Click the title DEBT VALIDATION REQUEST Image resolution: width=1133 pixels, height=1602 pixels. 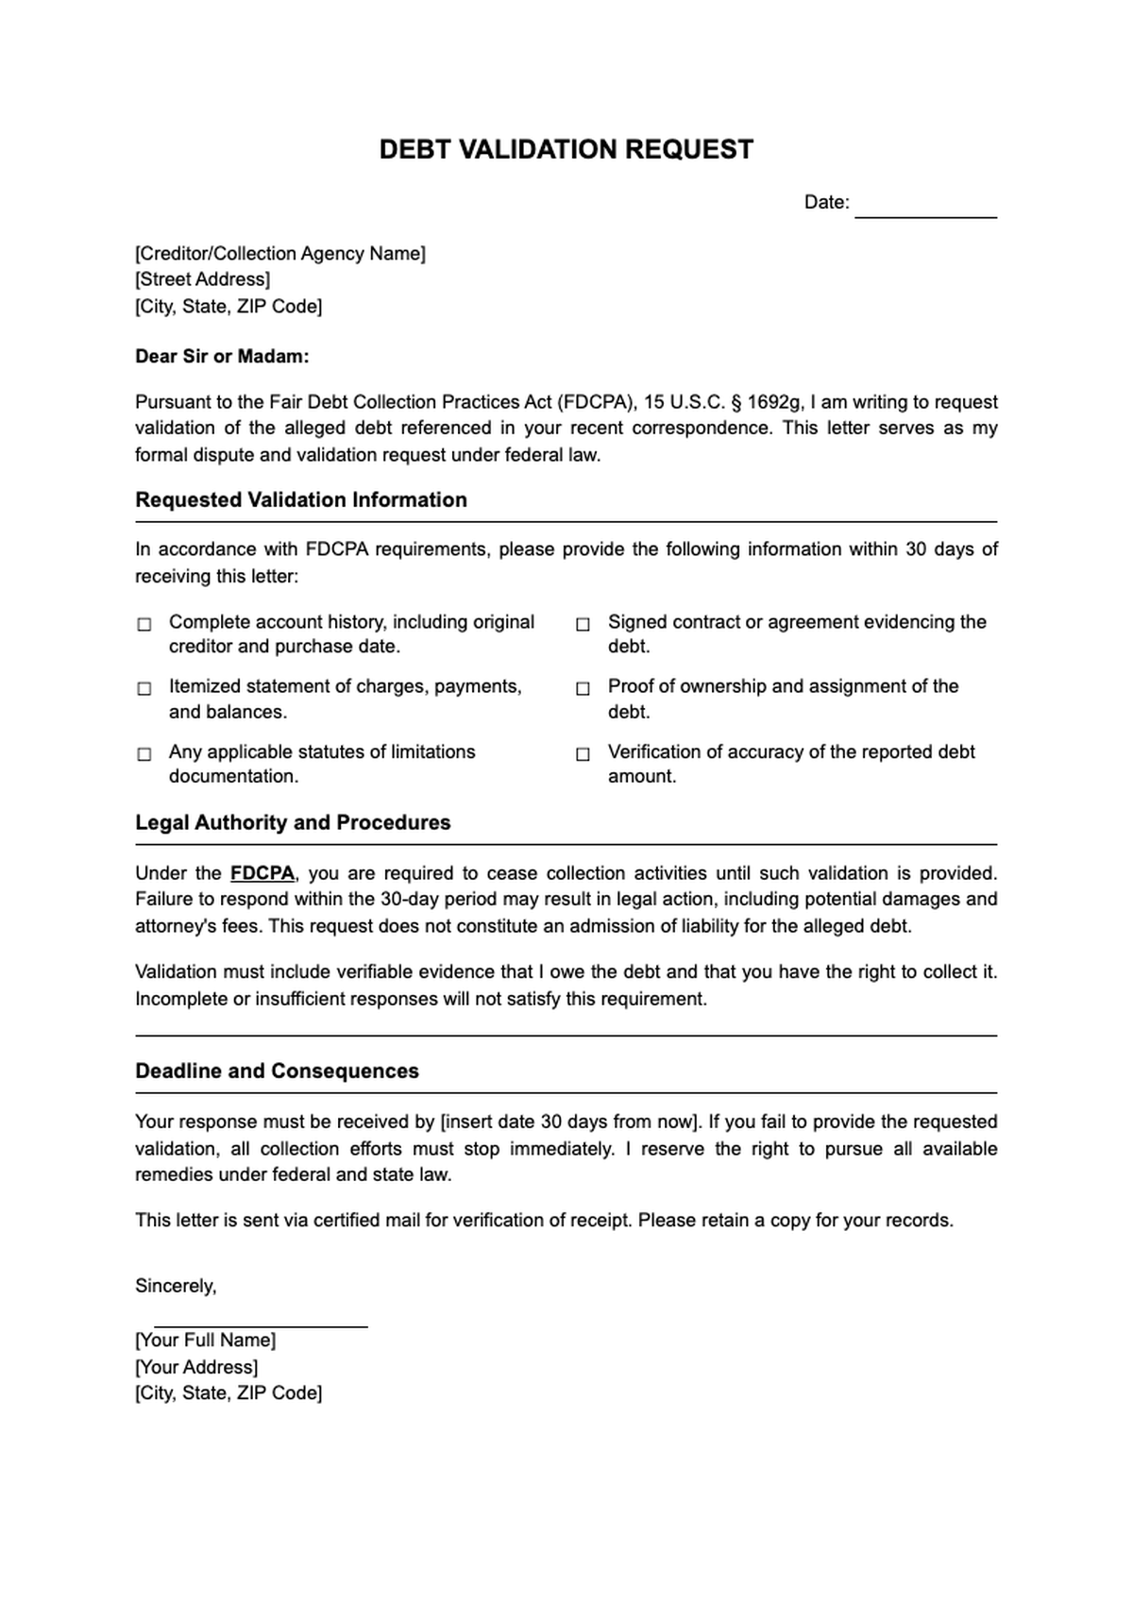(566, 149)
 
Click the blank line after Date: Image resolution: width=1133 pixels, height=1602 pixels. (925, 210)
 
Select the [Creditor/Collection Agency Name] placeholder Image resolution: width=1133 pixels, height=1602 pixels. (279, 253)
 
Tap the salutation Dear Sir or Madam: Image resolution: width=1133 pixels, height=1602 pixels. (222, 356)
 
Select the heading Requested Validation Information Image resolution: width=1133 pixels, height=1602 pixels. (300, 499)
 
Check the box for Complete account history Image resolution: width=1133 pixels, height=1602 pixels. (144, 624)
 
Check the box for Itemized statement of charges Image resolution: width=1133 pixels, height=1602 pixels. (144, 688)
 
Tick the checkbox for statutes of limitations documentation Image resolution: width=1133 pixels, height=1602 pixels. (144, 753)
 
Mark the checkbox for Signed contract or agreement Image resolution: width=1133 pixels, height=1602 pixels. (583, 624)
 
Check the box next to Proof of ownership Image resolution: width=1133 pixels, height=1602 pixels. (583, 688)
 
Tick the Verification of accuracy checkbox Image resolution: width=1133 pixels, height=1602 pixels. (583, 753)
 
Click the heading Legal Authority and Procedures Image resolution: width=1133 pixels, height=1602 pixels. (293, 822)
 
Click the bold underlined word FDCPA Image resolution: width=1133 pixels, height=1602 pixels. (262, 873)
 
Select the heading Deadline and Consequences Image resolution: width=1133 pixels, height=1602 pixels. (277, 1071)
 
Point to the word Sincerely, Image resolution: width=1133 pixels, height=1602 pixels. (176, 1286)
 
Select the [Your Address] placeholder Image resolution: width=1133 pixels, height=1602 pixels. (196, 1367)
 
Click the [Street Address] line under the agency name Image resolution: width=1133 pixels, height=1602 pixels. (202, 279)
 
